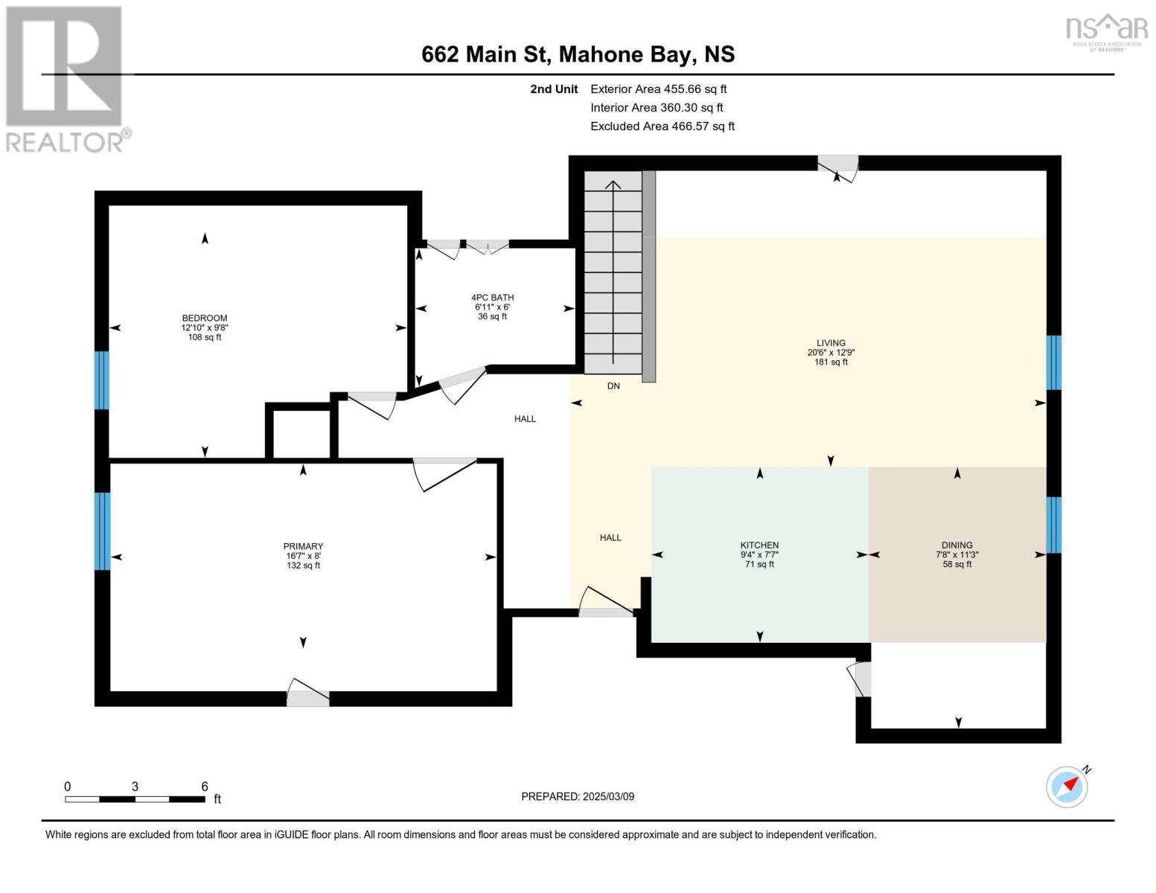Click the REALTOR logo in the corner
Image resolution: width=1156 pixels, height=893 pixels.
[66, 78]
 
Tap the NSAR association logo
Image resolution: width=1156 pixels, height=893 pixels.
[1106, 31]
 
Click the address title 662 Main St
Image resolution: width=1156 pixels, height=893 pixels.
[578, 54]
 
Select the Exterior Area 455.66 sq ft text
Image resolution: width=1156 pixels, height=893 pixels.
[658, 89]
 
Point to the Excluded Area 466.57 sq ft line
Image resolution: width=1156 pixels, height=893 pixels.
[662, 127]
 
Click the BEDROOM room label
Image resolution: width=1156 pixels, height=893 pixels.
[205, 319]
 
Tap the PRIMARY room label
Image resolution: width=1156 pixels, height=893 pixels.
[303, 546]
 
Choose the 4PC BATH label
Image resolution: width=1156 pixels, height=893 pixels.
[492, 298]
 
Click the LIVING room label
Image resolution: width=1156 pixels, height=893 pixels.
[831, 343]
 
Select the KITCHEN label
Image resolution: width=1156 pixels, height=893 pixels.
[759, 545]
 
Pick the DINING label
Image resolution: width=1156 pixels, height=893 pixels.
[957, 545]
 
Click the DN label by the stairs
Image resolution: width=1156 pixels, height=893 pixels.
[613, 386]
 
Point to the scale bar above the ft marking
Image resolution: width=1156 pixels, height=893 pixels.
[135, 799]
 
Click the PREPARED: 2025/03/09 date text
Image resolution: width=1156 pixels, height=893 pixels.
[578, 796]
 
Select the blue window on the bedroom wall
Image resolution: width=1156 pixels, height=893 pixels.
[101, 380]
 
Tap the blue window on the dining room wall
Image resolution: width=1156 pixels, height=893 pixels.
[1053, 525]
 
